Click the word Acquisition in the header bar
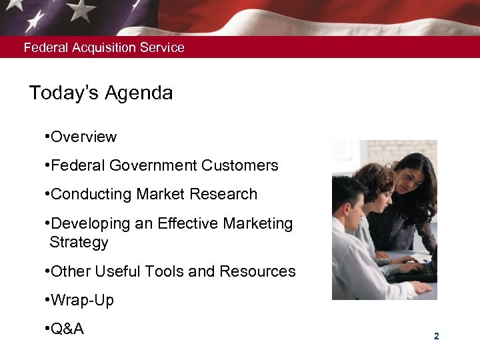tap(105, 48)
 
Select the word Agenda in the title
tap(141, 93)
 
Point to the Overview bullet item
tap(83, 137)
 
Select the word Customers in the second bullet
tap(240, 165)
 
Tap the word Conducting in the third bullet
tap(91, 194)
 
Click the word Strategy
tap(79, 242)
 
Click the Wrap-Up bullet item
tap(82, 300)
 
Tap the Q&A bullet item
tap(67, 329)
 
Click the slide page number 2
tap(436, 337)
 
